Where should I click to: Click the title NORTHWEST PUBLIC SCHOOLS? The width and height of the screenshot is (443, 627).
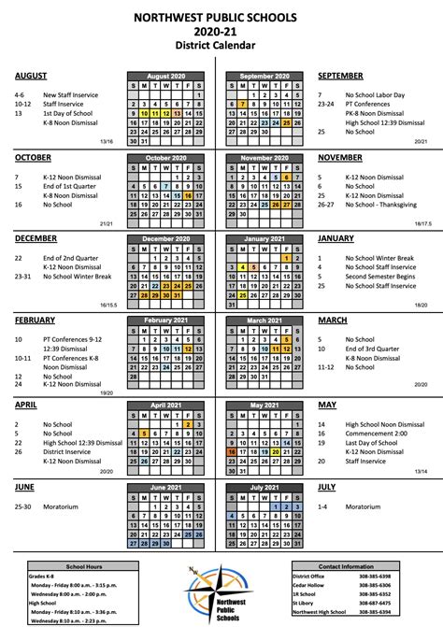221,17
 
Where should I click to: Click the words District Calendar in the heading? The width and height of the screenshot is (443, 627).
221,44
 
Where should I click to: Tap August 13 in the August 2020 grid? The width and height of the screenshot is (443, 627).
178,111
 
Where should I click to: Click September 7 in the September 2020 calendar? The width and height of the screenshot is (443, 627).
243,103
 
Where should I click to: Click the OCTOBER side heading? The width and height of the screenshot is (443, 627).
35,157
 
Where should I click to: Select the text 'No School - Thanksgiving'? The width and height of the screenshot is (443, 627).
379,204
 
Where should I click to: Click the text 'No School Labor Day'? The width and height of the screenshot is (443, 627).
376,94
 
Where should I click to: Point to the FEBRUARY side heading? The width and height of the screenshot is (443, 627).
36,320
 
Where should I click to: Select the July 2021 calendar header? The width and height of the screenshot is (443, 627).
264,487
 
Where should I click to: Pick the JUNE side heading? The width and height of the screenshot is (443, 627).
25,487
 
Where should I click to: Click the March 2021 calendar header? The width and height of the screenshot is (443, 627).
264,320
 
